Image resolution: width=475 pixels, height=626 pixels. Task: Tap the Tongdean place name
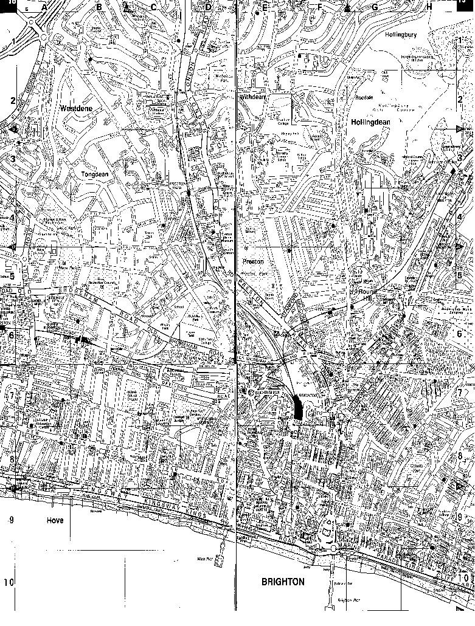pos(94,174)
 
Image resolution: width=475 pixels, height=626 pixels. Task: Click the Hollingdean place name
pos(370,122)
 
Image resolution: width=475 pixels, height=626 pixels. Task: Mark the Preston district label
pos(253,261)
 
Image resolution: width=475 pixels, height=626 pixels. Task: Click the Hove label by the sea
pos(55,520)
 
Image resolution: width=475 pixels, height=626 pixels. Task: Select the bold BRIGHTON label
pos(283,582)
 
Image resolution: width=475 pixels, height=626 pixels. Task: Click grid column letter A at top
pos(44,7)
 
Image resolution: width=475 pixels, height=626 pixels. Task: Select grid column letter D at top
pos(208,7)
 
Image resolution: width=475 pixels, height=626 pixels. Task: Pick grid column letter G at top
pos(375,7)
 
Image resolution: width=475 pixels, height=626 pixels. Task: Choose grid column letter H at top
pos(429,7)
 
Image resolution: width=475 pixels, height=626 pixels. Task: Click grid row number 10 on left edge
pos(9,582)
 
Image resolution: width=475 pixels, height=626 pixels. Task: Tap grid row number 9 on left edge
pos(10,520)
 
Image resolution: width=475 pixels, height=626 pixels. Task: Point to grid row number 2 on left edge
pos(12,100)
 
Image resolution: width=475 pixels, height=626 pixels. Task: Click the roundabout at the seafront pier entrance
pos(333,549)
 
